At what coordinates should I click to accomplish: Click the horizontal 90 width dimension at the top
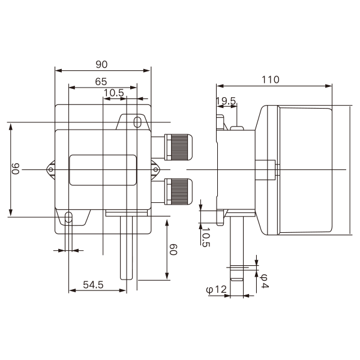tap(101, 65)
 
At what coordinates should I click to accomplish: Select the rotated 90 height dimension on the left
tap(16, 169)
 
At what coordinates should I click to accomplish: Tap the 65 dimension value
tap(101, 82)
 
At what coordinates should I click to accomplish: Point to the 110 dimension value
tap(271, 80)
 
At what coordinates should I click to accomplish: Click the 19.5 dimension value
tap(226, 101)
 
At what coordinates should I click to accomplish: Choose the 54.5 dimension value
tap(93, 284)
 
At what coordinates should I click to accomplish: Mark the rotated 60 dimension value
tap(173, 250)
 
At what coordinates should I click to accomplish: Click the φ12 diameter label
tap(216, 290)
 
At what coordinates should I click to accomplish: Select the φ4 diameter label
tap(264, 281)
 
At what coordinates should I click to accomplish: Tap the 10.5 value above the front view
tap(114, 93)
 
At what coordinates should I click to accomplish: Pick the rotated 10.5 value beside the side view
tap(206, 237)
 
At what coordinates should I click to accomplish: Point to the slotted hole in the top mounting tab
tap(137, 122)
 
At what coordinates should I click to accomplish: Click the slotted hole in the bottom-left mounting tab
tap(68, 217)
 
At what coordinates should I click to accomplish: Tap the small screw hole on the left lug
tap(51, 170)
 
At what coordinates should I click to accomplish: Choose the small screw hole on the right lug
tap(155, 170)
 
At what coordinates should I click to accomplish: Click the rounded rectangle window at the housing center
tap(103, 170)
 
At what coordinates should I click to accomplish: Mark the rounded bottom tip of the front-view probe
tap(126, 279)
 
